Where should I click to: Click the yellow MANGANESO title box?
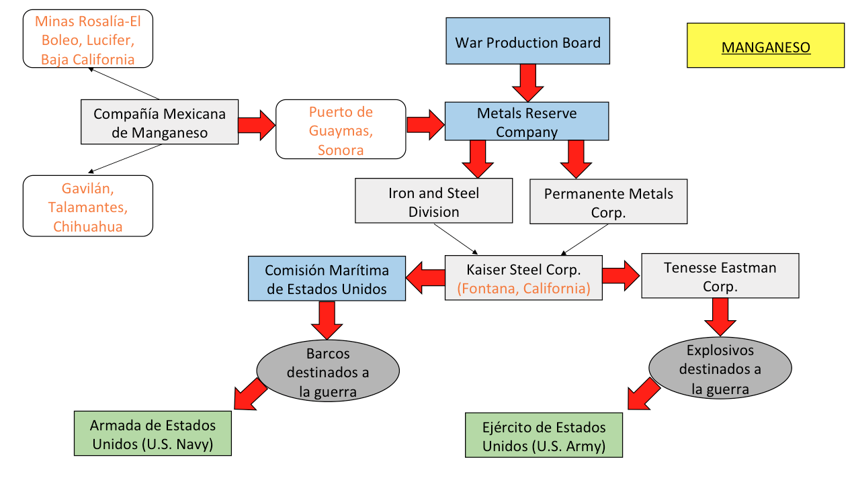765,46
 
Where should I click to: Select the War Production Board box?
528,41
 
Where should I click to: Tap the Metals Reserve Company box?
527,122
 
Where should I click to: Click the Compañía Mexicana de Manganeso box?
159,122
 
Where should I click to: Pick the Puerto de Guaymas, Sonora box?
341,130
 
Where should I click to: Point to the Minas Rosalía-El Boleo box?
87,40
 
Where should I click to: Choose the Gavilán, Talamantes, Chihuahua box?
87,206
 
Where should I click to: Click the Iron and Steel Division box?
433,201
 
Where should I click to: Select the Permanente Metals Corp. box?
608,201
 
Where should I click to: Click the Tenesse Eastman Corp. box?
720,276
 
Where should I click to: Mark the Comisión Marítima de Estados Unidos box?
327,279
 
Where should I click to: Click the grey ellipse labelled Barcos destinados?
328,371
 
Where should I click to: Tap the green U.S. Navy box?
153,434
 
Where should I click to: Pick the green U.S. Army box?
544,436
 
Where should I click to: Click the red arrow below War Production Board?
527,82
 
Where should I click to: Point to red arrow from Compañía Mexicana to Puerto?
256,124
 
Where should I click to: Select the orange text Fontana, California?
523,289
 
